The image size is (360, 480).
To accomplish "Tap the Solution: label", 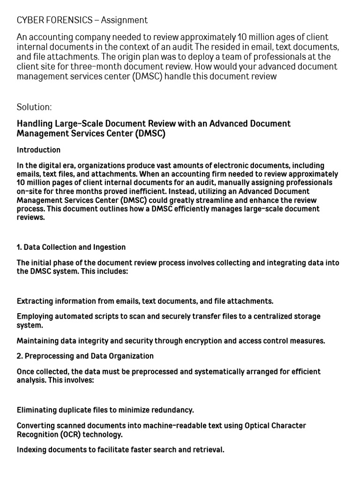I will (34, 107).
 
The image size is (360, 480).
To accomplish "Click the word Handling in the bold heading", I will (35, 124).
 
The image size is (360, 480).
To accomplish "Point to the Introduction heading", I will (38, 150).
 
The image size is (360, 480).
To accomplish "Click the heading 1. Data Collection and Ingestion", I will (71, 247).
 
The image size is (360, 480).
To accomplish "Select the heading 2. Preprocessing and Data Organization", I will (85, 356).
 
